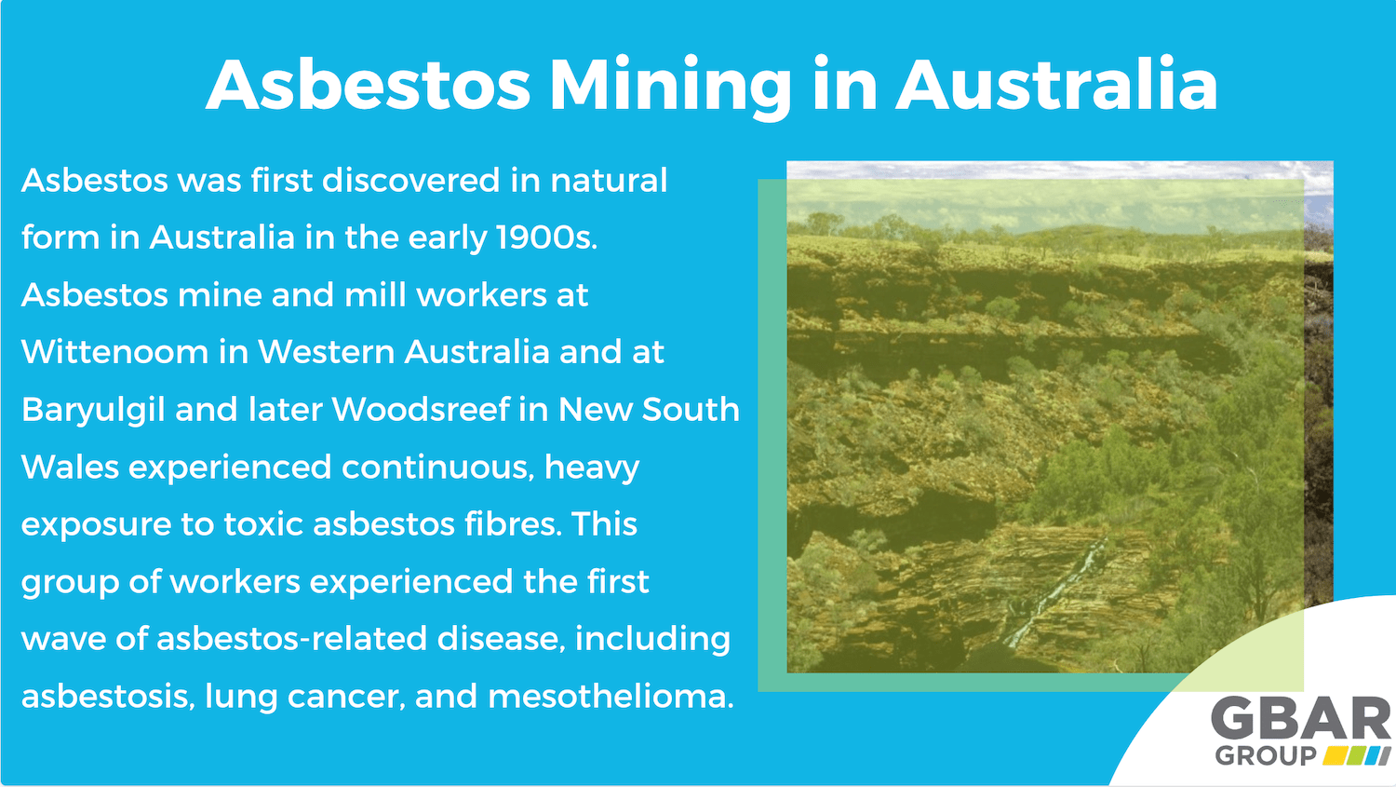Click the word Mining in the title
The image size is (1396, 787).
click(670, 86)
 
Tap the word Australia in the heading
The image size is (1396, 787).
click(1056, 86)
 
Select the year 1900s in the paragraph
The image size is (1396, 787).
click(545, 237)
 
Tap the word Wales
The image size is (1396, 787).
click(70, 467)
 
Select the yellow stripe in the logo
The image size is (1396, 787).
click(1336, 755)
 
